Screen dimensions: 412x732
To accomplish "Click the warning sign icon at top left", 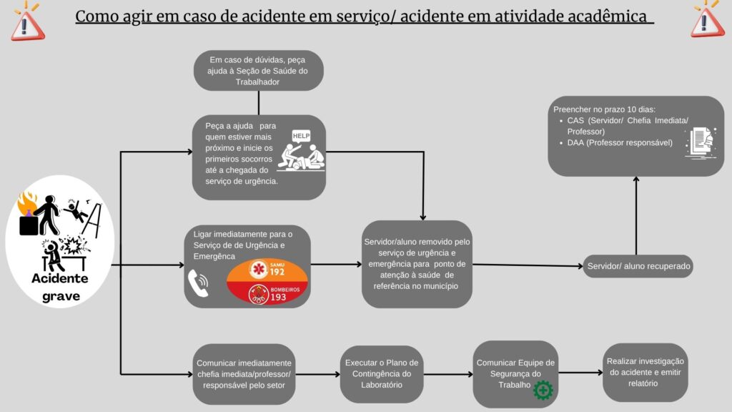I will [26, 21].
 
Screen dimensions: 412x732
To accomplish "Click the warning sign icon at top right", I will [707, 19].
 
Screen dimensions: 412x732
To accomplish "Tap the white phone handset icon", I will [197, 283].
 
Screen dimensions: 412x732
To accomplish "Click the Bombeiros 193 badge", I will [267, 293].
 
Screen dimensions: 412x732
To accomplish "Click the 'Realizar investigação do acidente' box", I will [646, 373].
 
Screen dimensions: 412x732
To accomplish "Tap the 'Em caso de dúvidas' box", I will [259, 71].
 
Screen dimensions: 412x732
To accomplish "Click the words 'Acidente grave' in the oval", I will [59, 286].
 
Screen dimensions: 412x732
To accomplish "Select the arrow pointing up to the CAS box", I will [636, 215].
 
